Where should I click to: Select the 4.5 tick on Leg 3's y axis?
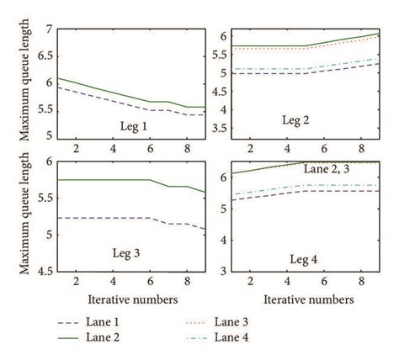pyautogui.click(x=42, y=271)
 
